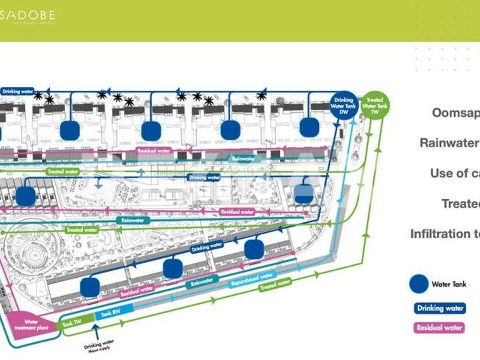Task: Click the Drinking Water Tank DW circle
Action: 344,106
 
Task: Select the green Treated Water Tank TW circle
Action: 375,106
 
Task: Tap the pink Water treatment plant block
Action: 31,326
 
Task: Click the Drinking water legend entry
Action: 439,308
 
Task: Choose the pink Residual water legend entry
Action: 439,327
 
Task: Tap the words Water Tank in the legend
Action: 449,284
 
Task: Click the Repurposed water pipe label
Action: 251,279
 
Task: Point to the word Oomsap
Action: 455,113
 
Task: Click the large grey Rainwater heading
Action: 449,143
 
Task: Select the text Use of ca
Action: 455,173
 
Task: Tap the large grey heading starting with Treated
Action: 460,203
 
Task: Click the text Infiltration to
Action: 445,234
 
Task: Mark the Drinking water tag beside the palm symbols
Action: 18,91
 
